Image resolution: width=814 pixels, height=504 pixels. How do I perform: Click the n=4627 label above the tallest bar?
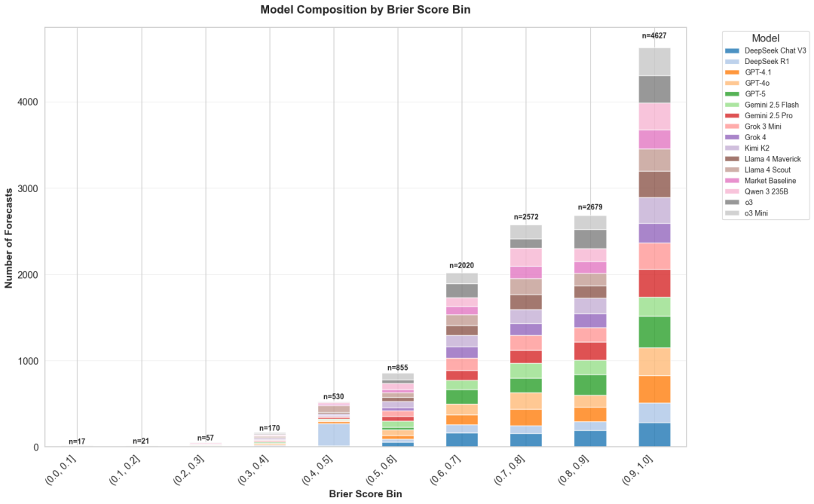click(654, 35)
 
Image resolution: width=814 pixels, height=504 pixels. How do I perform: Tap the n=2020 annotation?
click(462, 265)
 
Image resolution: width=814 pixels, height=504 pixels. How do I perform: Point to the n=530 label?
click(334, 396)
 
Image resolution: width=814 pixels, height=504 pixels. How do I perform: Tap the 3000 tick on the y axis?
click(26, 188)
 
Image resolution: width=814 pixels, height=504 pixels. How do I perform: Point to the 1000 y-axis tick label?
click(26, 361)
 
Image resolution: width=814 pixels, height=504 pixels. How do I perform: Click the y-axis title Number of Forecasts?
click(9, 237)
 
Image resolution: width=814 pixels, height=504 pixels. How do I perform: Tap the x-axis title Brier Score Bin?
click(365, 494)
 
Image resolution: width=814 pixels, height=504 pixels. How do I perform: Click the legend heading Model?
click(765, 38)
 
